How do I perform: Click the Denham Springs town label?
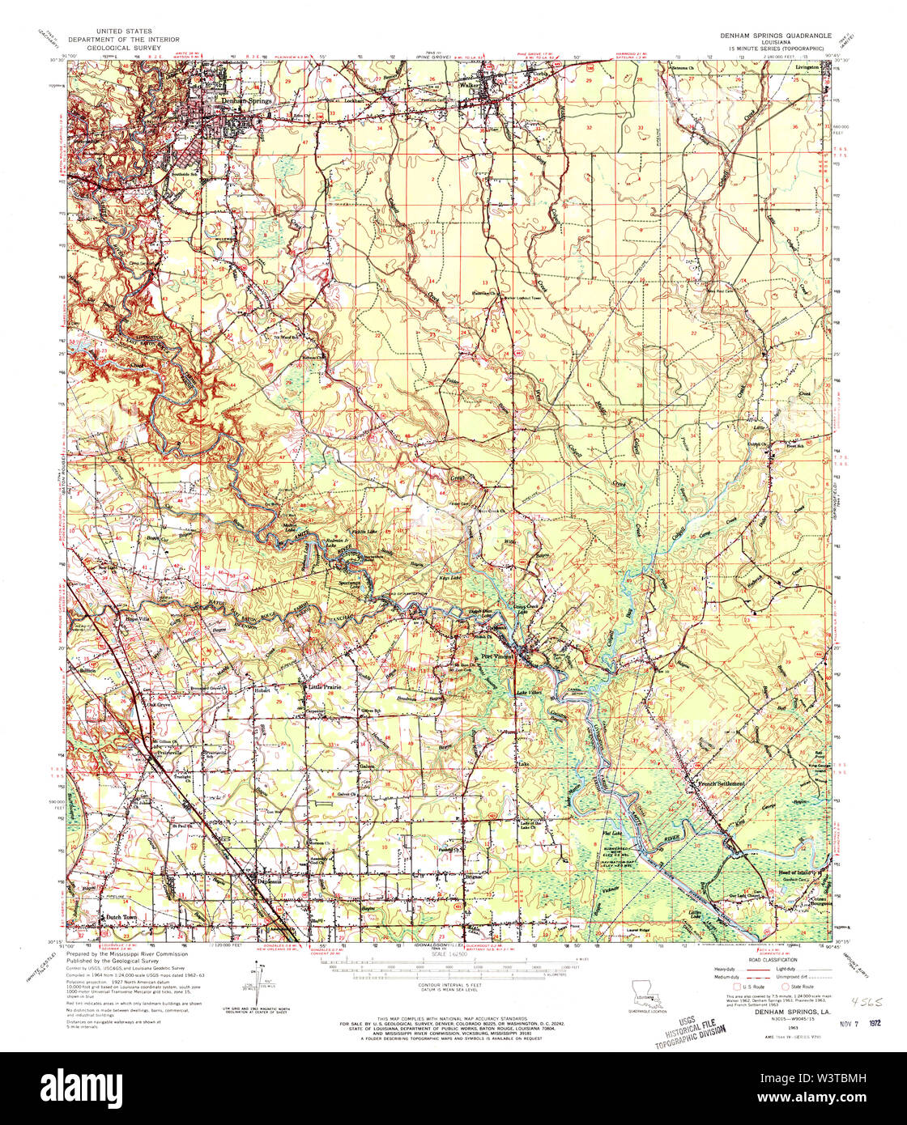(246, 100)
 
